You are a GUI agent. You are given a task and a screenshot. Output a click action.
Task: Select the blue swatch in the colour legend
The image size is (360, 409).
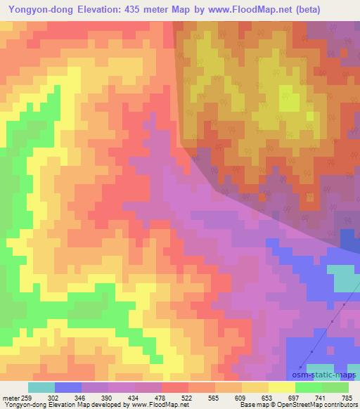click(67, 387)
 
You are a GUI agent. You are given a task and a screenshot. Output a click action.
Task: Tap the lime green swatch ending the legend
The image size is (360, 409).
click(335, 387)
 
